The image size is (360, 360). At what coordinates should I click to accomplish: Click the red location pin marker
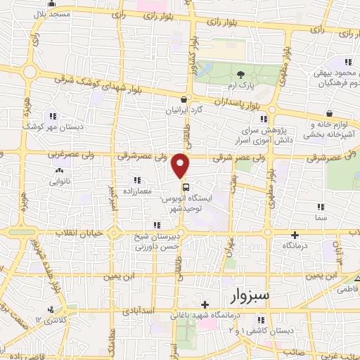(181, 165)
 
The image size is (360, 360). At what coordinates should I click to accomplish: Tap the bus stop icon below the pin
(186, 187)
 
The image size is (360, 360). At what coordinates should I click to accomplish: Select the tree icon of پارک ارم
(241, 75)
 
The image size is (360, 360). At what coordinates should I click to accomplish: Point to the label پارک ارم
(242, 86)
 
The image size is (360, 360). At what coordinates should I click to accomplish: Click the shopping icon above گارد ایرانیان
(184, 100)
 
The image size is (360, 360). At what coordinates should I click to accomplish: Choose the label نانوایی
(58, 181)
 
